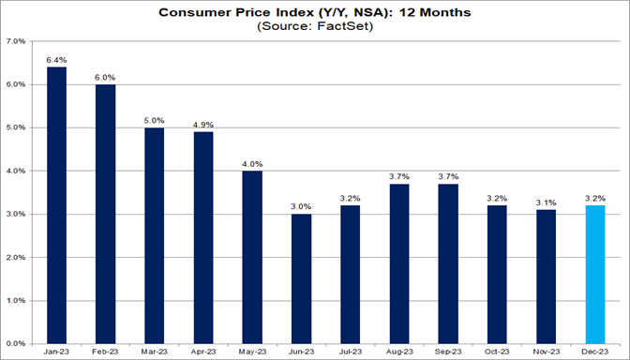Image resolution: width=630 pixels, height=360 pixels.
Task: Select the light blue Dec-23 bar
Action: pos(595,274)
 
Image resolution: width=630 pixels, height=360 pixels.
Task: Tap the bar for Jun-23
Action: pos(302,278)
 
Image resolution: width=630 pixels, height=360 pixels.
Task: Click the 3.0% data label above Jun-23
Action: pos(302,205)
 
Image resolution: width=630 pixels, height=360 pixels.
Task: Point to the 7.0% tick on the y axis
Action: pos(15,42)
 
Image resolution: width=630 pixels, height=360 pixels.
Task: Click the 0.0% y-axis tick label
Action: pos(15,343)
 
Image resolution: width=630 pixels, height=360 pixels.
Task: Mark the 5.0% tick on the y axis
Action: pos(15,128)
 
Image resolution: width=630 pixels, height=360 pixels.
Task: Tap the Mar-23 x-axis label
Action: pos(156,352)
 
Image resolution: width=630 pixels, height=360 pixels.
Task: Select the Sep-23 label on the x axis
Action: pos(449,352)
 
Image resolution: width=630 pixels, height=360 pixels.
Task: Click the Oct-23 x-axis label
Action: pos(498,352)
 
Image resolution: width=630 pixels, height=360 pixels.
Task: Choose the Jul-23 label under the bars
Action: pos(351,352)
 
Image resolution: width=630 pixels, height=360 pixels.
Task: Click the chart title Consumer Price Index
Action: pos(315,12)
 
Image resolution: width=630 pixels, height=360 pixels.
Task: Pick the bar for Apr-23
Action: pos(204,237)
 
